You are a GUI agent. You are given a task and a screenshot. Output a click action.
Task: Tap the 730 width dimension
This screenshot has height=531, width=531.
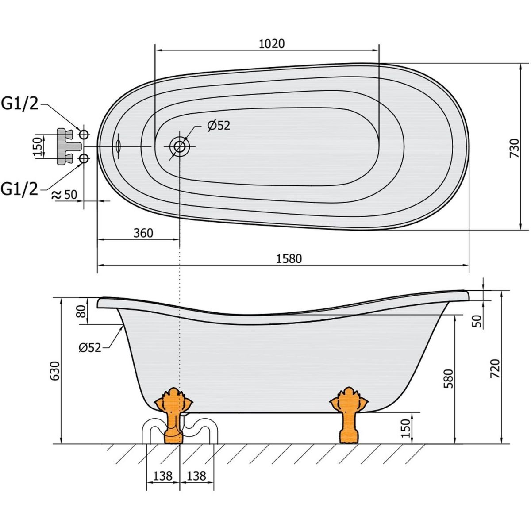coord(515,148)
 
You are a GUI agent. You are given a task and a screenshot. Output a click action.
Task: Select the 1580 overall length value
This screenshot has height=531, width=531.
coord(289,259)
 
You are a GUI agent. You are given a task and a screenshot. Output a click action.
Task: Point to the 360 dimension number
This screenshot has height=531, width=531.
coord(143,233)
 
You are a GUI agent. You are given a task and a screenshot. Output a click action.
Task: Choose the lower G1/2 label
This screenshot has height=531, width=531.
coord(19,189)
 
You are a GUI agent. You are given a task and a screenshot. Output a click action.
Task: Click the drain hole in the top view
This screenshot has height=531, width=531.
coord(180,146)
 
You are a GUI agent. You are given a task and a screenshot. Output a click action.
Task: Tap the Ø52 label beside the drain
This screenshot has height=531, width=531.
coord(219,126)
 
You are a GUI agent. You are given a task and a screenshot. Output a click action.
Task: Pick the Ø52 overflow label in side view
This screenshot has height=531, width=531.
coord(90,348)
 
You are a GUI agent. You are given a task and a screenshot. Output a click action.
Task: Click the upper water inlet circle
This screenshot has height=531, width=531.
coord(84,135)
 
